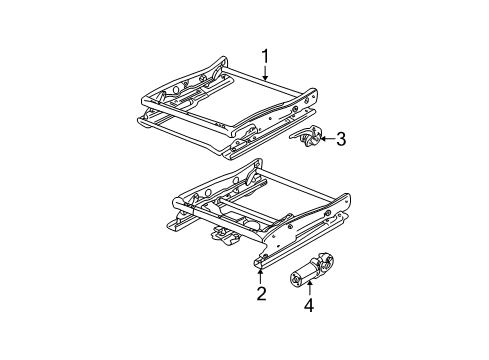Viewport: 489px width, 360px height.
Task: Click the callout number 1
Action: pos(265,57)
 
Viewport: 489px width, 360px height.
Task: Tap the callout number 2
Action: pos(261,293)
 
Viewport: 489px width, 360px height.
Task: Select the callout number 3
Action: pos(341,139)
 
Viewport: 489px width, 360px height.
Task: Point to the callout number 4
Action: pos(309,305)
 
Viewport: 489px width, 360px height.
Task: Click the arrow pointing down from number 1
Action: pos(265,73)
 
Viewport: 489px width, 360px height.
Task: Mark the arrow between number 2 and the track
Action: pos(260,277)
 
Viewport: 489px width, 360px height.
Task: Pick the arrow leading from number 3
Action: pos(327,139)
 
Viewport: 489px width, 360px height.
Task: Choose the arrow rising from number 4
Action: pos(310,288)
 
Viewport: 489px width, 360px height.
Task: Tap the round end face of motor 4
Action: pos(295,279)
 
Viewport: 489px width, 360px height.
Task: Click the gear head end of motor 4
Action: pos(323,260)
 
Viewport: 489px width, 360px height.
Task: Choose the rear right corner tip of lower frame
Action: pos(347,196)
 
